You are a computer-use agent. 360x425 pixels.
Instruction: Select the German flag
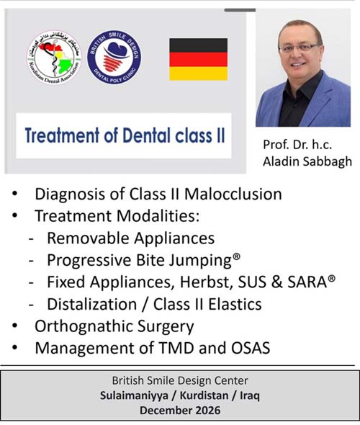[198, 59]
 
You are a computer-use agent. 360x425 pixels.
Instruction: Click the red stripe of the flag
[198, 59]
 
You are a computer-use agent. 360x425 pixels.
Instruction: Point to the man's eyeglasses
[300, 47]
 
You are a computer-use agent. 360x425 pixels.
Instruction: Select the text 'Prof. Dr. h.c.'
[296, 145]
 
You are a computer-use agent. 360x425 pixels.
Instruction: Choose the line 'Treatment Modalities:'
[116, 215]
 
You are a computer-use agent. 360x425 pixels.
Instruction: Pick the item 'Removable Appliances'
[130, 237]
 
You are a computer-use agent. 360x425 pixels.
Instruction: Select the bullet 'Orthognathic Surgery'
[114, 326]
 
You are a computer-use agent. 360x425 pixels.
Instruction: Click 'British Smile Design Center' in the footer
[179, 380]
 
